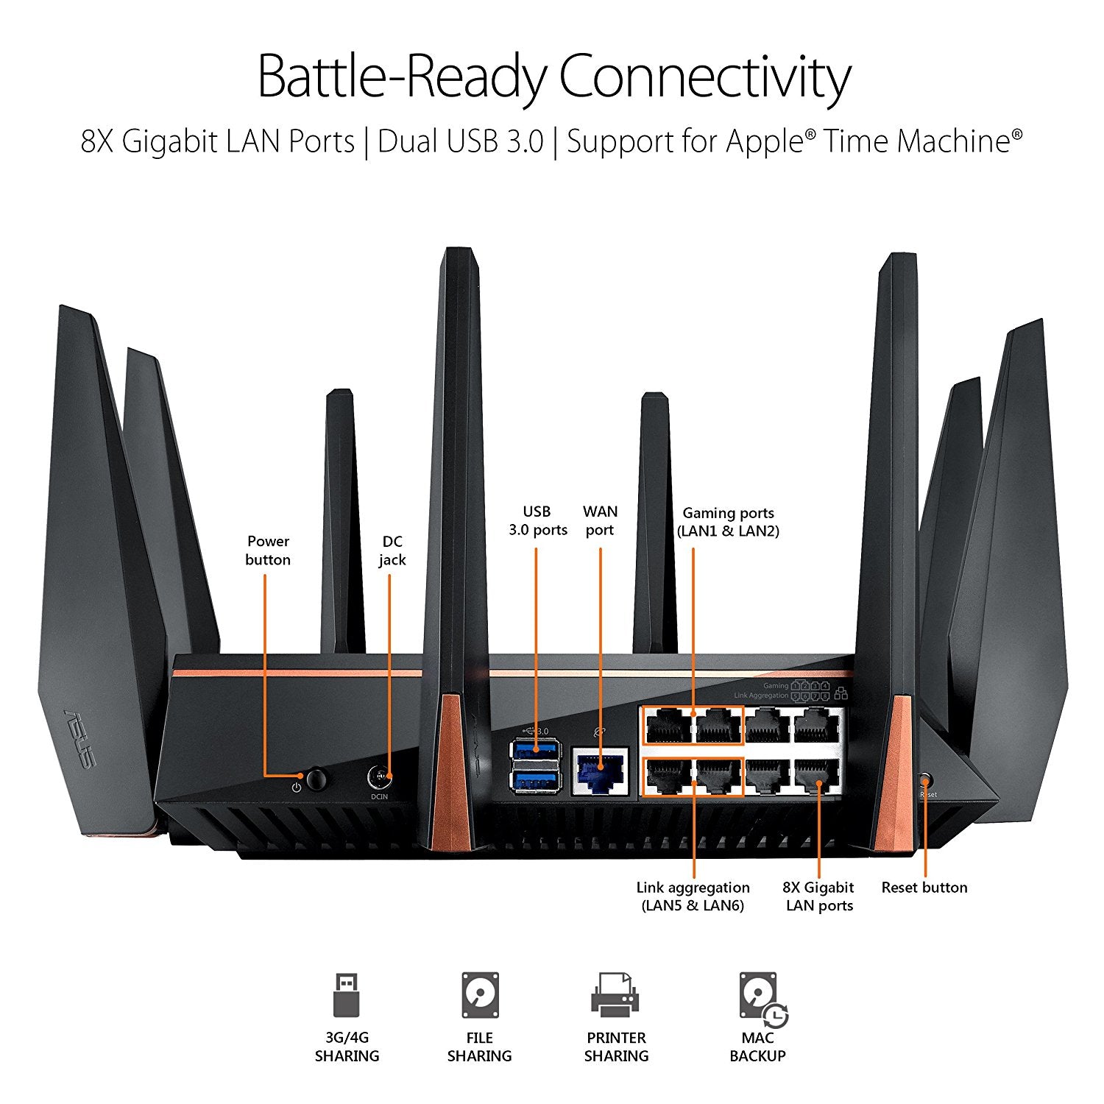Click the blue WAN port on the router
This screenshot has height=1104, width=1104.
point(600,771)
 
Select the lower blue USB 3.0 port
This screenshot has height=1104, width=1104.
point(535,780)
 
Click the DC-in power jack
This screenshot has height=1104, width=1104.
point(378,776)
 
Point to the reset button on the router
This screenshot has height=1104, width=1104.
point(926,779)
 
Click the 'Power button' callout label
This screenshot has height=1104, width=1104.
point(268,551)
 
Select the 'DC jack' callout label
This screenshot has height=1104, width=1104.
point(392,551)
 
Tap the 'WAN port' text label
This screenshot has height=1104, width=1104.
point(600,520)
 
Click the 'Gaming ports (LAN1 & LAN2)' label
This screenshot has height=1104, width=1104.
point(728,522)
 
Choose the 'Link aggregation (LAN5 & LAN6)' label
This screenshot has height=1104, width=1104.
point(693,896)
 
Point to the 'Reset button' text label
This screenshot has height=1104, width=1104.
point(924,888)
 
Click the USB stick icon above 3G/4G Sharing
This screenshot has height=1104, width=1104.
point(347,994)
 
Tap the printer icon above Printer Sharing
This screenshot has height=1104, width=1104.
point(615,994)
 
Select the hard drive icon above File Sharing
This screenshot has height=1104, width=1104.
point(480,994)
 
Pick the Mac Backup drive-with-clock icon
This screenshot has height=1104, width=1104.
point(762,998)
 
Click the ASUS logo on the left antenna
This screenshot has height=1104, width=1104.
point(79,738)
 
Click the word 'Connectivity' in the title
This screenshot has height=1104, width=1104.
point(704,77)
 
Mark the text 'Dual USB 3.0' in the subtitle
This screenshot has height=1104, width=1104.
point(461,141)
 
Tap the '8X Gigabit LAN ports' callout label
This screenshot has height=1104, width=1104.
point(818,896)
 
